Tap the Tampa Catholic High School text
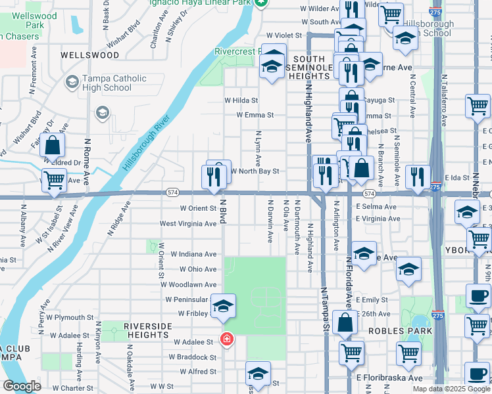(x=114, y=83)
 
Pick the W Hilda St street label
(x=241, y=100)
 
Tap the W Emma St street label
(x=255, y=115)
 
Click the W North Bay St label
(x=256, y=171)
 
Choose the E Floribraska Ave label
(x=389, y=378)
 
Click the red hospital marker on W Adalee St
(x=226, y=340)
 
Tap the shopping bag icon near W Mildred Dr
(x=53, y=146)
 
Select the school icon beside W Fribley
(x=223, y=305)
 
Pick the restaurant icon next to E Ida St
(x=418, y=176)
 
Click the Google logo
(x=22, y=386)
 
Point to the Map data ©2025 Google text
(x=451, y=389)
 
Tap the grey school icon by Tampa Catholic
(x=101, y=113)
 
